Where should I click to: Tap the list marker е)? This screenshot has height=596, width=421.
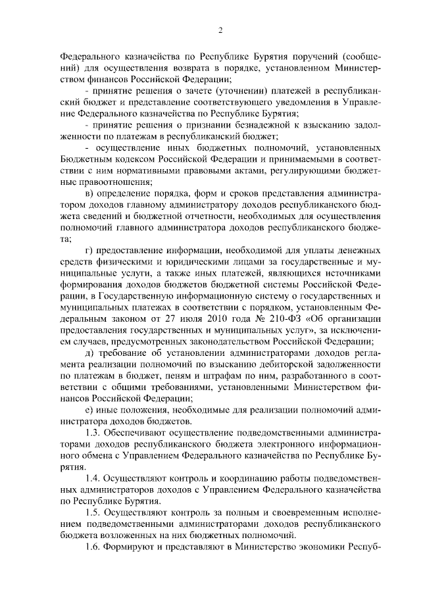click(90, 409)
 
